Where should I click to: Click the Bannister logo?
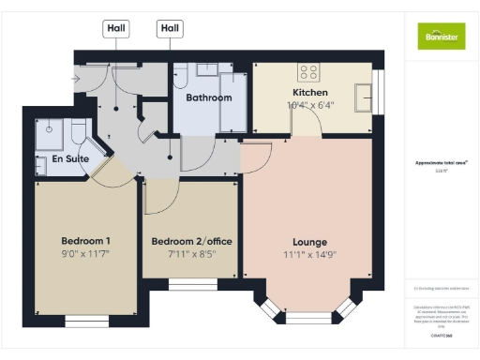[x=441, y=35]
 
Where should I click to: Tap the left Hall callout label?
[x=116, y=29]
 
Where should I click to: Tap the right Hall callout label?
[x=170, y=29]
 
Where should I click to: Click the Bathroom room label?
[x=208, y=97]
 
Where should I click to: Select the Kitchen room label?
[x=310, y=94]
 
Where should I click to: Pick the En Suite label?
[x=69, y=160]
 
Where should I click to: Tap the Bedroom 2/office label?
[x=190, y=240]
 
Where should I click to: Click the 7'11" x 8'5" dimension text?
[x=190, y=253]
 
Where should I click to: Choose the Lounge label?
[x=308, y=240]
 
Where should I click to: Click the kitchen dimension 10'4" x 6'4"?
[x=310, y=106]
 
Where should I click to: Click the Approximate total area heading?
[x=442, y=162]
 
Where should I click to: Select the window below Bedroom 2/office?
[x=190, y=284]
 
